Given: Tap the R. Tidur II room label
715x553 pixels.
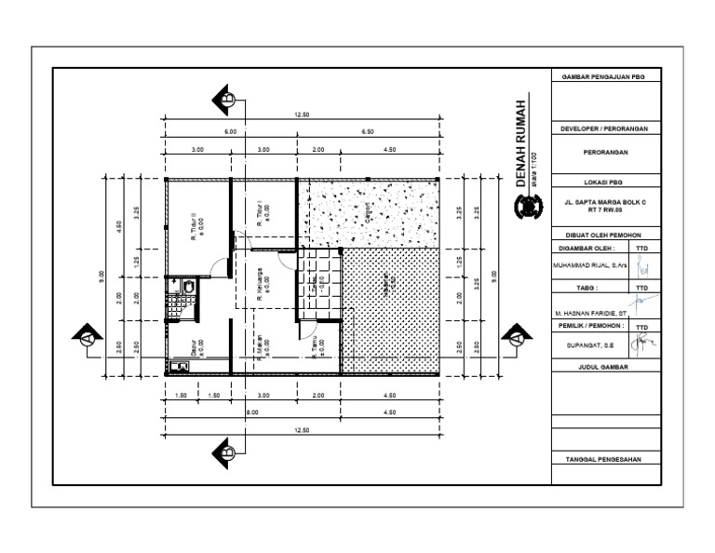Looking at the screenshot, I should [196, 224].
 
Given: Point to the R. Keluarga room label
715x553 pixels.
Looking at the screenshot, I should [263, 285].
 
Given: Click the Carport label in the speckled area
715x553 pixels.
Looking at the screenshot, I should [367, 213].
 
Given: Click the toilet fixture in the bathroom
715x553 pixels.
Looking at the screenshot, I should [188, 287].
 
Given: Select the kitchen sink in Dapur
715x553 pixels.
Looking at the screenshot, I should [180, 366].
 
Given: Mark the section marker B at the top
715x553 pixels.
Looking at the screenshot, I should [224, 96].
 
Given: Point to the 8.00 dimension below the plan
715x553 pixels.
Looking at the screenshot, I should [251, 411].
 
